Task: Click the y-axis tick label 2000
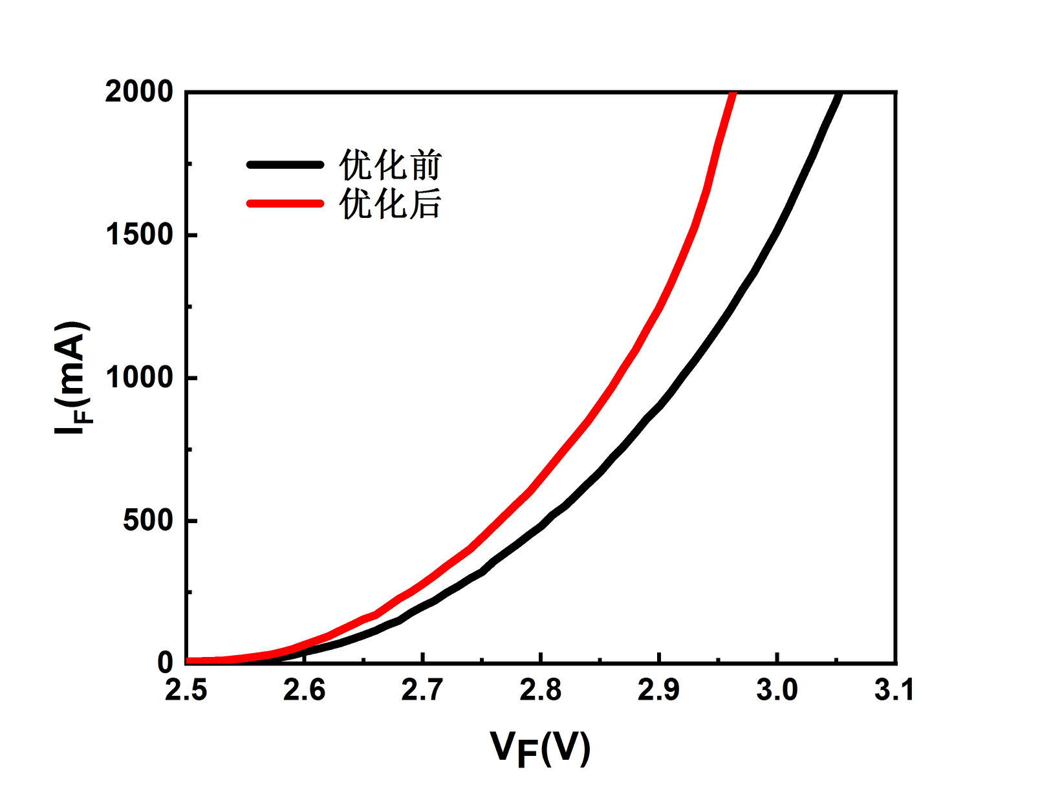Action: click(139, 92)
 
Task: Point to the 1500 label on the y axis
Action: click(139, 235)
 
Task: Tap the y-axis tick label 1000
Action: click(139, 378)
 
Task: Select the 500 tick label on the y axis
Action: click(148, 521)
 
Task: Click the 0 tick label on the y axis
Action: click(166, 662)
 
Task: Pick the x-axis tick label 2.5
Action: click(186, 691)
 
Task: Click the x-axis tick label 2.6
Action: click(305, 691)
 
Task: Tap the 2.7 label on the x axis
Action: click(422, 691)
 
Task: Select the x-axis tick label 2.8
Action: click(541, 691)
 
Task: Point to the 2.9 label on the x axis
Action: click(659, 691)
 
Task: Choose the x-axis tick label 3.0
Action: click(777, 691)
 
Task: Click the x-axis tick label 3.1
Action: click(895, 691)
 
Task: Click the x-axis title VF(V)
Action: click(540, 749)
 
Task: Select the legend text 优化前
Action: click(390, 166)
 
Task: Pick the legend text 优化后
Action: click(390, 204)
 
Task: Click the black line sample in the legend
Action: click(285, 165)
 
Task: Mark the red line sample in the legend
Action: click(285, 204)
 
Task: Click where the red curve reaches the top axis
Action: click(733, 94)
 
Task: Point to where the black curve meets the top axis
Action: click(840, 94)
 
